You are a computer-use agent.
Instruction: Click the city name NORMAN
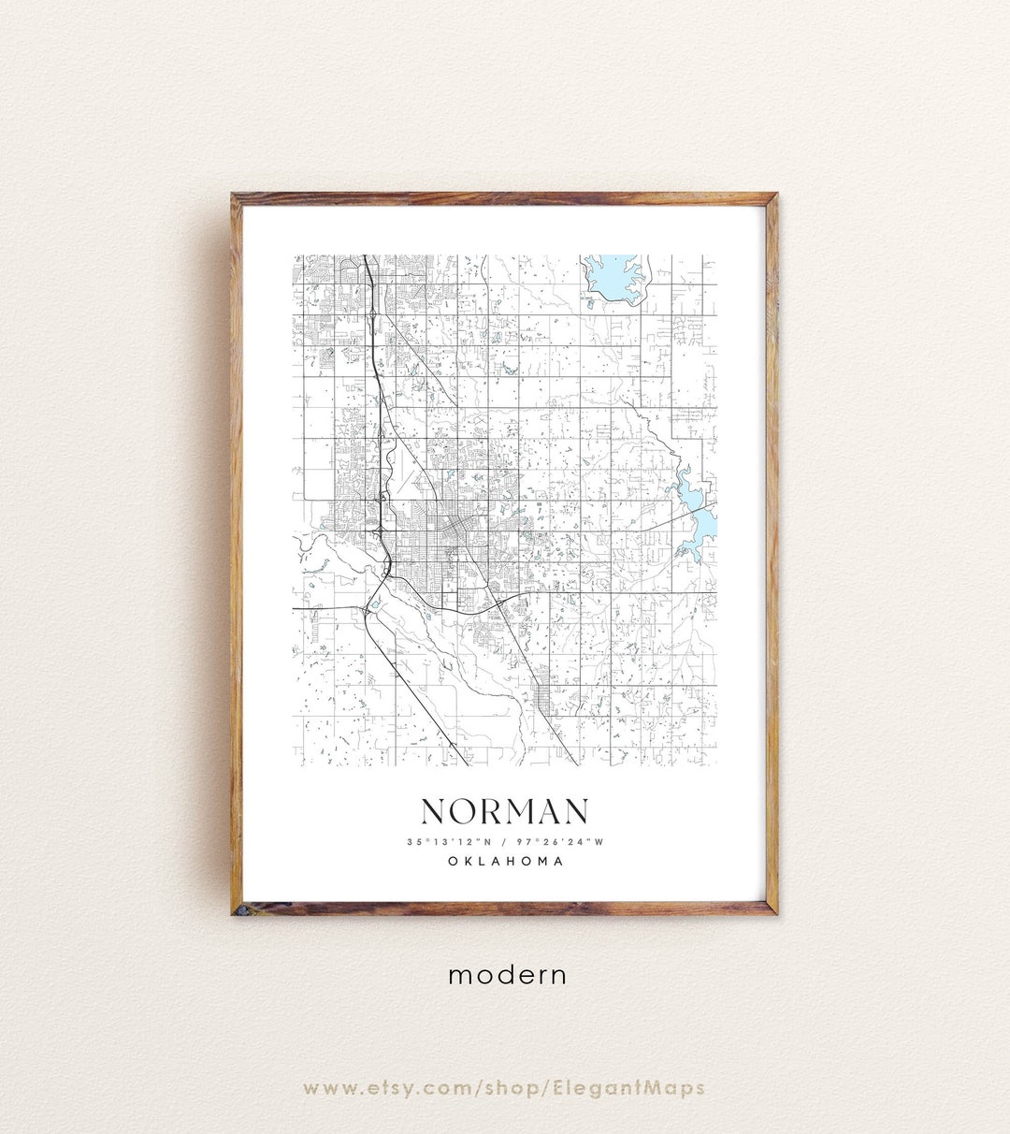point(505,811)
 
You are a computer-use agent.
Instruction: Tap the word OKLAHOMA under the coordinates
point(505,861)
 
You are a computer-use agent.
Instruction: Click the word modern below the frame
point(507,975)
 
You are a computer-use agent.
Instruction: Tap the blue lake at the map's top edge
point(613,274)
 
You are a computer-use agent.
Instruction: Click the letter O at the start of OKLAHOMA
point(453,861)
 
